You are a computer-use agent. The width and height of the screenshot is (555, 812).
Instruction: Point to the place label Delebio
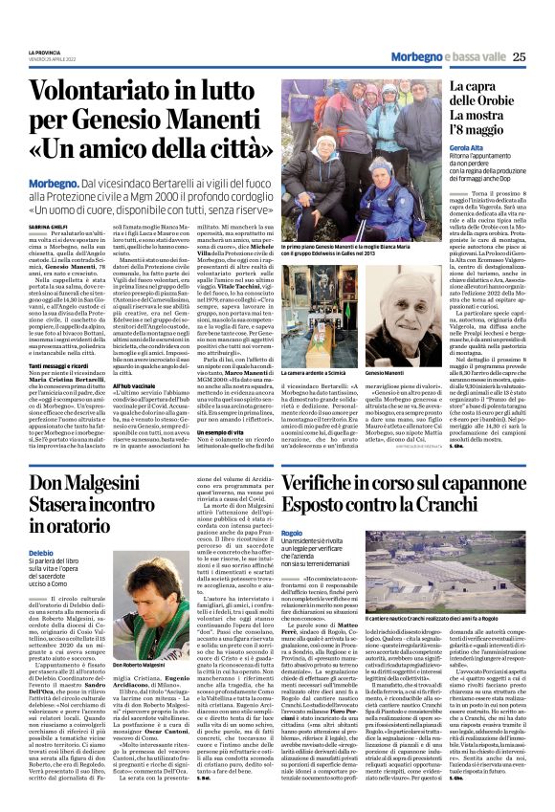pyautogui.click(x=42, y=554)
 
